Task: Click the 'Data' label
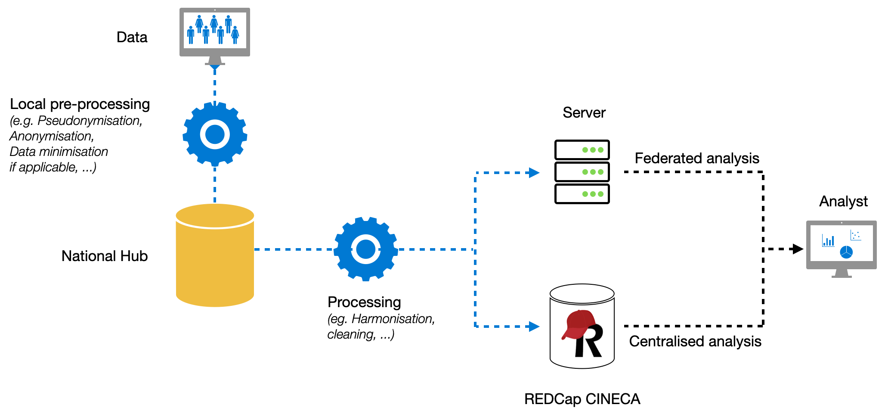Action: click(132, 37)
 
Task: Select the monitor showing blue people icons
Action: click(214, 32)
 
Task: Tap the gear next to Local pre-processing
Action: click(215, 134)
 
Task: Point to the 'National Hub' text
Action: click(105, 256)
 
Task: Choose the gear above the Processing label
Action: click(365, 249)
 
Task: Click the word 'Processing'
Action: click(364, 302)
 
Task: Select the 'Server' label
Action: click(584, 113)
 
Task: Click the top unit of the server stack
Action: click(582, 150)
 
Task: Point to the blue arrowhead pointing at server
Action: click(534, 173)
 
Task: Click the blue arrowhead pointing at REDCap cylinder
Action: click(534, 327)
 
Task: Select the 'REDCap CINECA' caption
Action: click(582, 399)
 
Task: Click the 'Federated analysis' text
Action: click(696, 159)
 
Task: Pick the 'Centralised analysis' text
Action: click(695, 342)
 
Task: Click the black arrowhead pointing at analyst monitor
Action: click(798, 249)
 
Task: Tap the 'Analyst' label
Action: click(843, 202)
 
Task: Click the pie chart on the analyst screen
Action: click(846, 252)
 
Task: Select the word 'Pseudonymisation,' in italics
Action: click(90, 121)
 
